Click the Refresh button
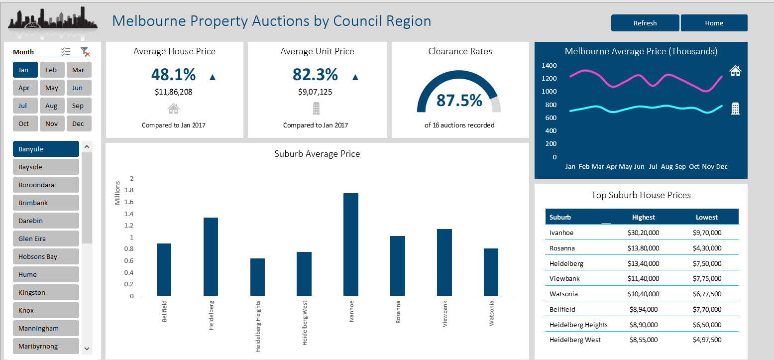[645, 23]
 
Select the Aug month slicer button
[51, 106]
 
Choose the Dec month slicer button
[78, 124]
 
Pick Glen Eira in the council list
[45, 239]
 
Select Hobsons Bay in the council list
[45, 256]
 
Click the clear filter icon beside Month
[85, 52]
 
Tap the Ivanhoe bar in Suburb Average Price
[351, 244]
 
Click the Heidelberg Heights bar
[257, 277]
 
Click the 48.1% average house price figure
[173, 75]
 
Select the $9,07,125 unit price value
[315, 92]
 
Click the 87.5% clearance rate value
[459, 100]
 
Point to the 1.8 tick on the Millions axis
[129, 190]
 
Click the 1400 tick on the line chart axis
[549, 66]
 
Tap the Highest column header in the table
[644, 217]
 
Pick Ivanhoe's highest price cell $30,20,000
[644, 233]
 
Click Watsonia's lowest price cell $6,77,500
[707, 294]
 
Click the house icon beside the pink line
[735, 71]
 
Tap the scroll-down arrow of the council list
[87, 349]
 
